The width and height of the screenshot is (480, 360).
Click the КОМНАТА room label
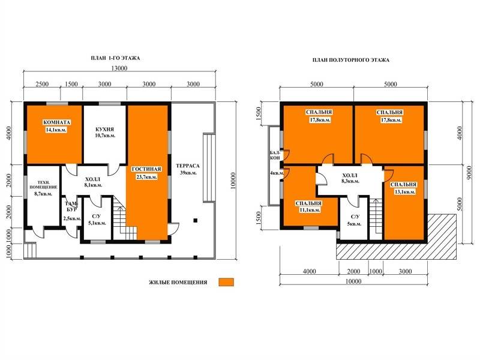(57, 122)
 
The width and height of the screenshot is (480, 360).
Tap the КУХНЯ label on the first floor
(104, 130)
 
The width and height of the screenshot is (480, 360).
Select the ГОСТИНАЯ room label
(146, 169)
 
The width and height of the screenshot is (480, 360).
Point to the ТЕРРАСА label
(188, 166)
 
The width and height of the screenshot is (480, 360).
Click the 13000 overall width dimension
(119, 68)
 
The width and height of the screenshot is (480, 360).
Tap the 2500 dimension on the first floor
(42, 84)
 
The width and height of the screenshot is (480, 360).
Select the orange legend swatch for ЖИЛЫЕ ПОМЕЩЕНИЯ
(226, 282)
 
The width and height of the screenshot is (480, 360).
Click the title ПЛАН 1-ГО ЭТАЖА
(115, 58)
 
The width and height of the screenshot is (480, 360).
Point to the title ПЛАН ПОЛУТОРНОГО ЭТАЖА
(351, 61)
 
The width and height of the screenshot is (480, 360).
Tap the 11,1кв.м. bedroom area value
(310, 210)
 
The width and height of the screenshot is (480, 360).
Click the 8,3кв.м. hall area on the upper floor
(350, 181)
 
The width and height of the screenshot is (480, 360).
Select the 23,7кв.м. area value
(146, 177)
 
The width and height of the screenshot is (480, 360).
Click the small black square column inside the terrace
(195, 220)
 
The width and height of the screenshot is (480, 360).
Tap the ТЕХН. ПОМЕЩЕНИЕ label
(43, 185)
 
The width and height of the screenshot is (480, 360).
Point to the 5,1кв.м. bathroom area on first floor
(97, 223)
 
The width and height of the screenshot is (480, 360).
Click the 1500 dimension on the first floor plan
(71, 84)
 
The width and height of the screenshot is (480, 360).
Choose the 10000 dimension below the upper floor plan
(353, 281)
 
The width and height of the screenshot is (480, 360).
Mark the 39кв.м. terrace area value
(188, 173)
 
